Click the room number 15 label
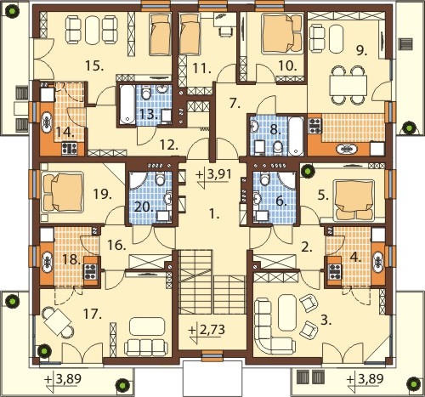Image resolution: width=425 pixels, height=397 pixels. [x=94, y=66]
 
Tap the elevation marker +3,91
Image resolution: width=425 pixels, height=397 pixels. [x=214, y=175]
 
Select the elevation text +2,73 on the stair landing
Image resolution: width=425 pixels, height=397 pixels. [x=207, y=330]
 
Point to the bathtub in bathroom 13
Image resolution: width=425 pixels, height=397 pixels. [x=127, y=105]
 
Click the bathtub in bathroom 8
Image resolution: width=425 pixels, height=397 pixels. [x=296, y=136]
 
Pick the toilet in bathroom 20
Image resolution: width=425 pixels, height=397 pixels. [x=160, y=178]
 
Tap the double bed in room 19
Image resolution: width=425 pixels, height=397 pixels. [x=63, y=193]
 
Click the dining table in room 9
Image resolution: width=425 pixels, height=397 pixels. [x=348, y=86]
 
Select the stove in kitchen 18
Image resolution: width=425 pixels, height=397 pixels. [x=91, y=271]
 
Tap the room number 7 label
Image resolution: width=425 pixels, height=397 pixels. [x=235, y=104]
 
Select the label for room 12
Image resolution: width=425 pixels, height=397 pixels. [x=169, y=145]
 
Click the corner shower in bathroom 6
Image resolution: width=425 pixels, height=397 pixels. [x=287, y=179]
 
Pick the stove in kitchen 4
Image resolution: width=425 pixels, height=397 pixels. [x=335, y=271]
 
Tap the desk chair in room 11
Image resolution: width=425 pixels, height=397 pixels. [x=225, y=31]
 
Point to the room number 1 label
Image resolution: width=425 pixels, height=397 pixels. [x=214, y=214]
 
